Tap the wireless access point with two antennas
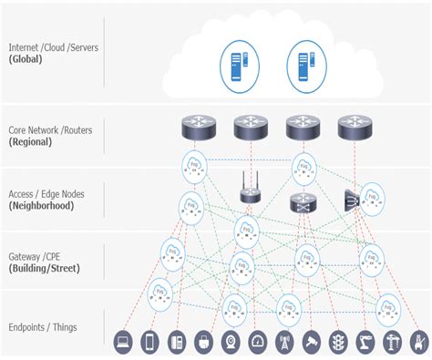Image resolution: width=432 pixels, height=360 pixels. click(249, 192)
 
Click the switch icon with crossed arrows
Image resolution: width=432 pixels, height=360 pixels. click(302, 202)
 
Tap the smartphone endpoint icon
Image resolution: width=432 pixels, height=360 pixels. click(150, 343)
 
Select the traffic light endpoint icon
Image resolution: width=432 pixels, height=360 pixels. click(338, 343)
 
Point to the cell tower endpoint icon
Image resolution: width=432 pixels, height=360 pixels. click(283, 343)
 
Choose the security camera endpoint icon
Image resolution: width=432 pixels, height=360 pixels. click(311, 343)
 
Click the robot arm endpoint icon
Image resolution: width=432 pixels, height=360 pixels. click(365, 343)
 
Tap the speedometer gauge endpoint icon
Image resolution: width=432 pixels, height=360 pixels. click(257, 343)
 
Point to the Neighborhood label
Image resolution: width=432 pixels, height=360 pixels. click(46, 206)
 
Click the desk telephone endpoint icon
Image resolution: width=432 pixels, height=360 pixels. click(177, 343)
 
